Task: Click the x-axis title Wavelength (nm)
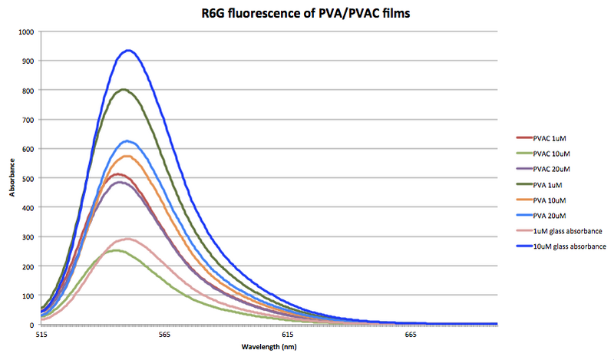269,347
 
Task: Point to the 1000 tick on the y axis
26,32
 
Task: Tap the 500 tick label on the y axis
28,178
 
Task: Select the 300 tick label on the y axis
28,236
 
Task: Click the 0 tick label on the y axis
32,325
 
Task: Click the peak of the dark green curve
124,89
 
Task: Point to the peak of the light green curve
116,250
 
